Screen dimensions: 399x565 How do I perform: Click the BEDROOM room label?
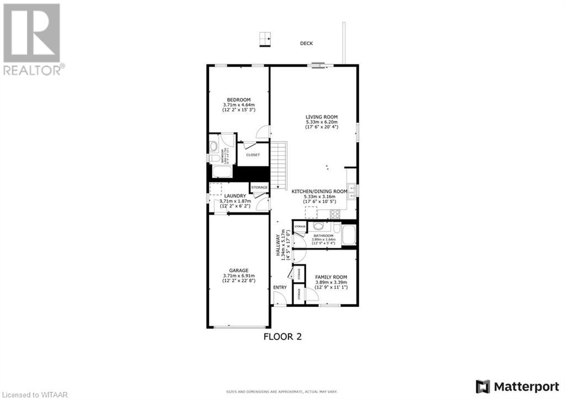239,99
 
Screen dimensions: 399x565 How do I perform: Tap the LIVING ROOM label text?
322,116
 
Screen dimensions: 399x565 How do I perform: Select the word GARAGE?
239,270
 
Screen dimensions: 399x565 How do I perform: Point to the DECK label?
306,43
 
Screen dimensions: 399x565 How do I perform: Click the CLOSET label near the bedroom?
253,155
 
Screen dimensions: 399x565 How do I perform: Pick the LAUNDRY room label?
234,196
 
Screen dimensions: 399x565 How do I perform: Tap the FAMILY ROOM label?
331,277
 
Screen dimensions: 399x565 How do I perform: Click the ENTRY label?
280,288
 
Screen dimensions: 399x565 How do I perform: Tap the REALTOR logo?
33,39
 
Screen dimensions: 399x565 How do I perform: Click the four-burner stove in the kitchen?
351,175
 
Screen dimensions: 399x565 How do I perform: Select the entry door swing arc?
280,299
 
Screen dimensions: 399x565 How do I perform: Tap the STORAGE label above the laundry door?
259,188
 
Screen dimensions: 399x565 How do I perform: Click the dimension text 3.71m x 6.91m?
239,276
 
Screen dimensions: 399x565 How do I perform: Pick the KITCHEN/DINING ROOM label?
323,191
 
